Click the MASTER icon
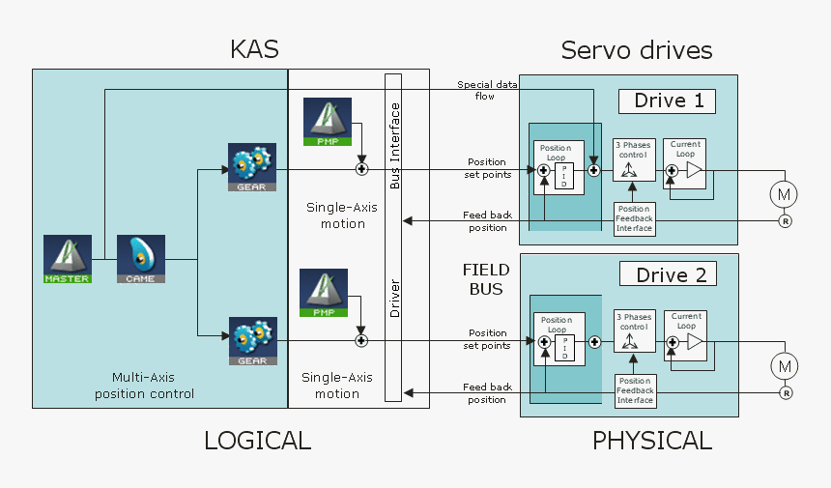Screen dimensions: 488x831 tap(67, 259)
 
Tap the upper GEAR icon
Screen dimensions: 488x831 tap(252, 167)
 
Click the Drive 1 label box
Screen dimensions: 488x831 tap(668, 101)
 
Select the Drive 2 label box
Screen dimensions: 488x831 tap(668, 274)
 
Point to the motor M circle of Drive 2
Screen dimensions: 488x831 tap(784, 366)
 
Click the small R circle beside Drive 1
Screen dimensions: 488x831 tap(786, 221)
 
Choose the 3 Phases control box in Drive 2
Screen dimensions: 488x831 tap(634, 333)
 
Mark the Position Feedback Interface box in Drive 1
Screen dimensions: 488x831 tap(635, 218)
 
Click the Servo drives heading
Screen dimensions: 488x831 tap(637, 50)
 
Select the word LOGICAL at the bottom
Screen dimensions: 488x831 tap(257, 442)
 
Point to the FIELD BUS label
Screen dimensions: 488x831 tap(486, 280)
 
